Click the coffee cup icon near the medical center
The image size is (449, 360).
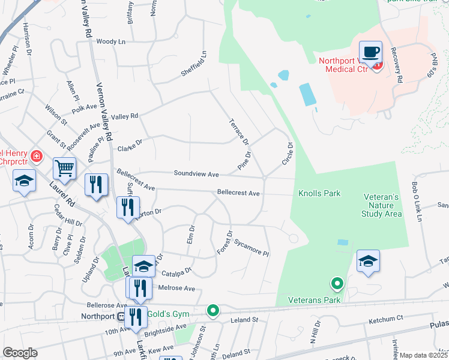tap(370, 51)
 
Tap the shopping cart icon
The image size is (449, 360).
tap(64, 169)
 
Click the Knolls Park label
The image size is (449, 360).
tap(319, 193)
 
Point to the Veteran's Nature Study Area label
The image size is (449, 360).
tap(382, 205)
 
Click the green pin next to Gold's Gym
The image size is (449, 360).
tap(212, 311)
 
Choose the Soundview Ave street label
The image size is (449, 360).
tap(196, 174)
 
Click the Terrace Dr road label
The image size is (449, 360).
tap(239, 132)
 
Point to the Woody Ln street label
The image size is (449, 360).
tap(110, 41)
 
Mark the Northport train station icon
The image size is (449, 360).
tap(121, 316)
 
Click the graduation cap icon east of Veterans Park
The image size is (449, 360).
tap(368, 261)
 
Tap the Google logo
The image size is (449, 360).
tap(20, 353)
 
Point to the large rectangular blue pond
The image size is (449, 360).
tap(307, 94)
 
